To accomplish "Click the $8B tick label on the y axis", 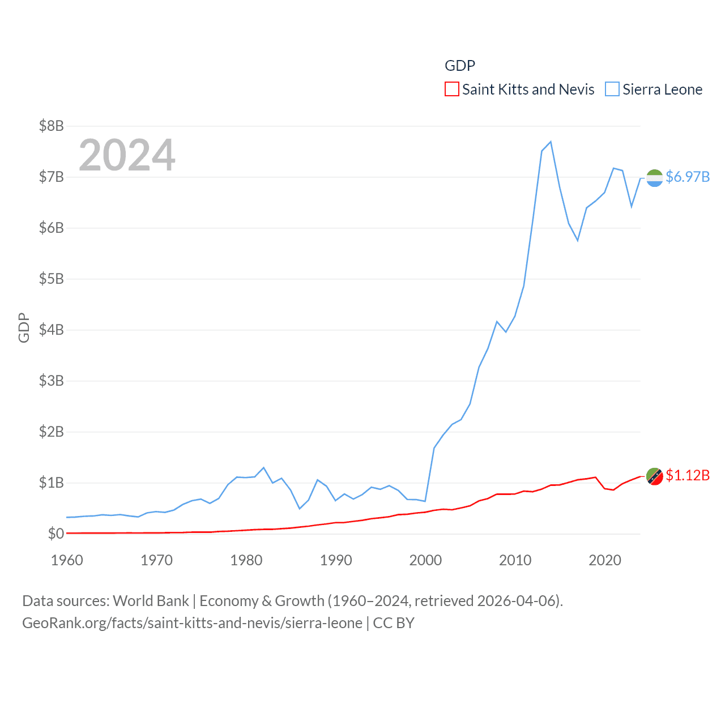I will click(x=51, y=126).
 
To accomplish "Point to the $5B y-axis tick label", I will click(x=51, y=279).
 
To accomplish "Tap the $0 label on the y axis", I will click(x=56, y=534).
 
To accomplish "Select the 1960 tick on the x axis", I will click(x=67, y=560).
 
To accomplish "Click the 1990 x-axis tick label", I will click(x=336, y=560).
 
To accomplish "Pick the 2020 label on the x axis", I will click(x=605, y=560).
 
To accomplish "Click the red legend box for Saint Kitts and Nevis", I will click(x=451, y=89).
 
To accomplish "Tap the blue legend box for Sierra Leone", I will click(x=612, y=89).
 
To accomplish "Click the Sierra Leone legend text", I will click(x=662, y=89).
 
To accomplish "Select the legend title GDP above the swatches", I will click(x=460, y=66).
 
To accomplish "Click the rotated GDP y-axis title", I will click(x=24, y=327).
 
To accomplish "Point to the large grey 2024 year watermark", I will click(x=127, y=155).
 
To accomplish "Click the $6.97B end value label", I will click(x=688, y=177).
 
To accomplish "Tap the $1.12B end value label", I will click(x=688, y=475).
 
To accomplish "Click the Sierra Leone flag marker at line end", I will click(x=655, y=178).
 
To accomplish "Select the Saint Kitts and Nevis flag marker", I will click(x=655, y=476).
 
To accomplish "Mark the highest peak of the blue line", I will click(x=551, y=142).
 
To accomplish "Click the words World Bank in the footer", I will click(x=151, y=600).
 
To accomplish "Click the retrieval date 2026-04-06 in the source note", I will click(x=518, y=600).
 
